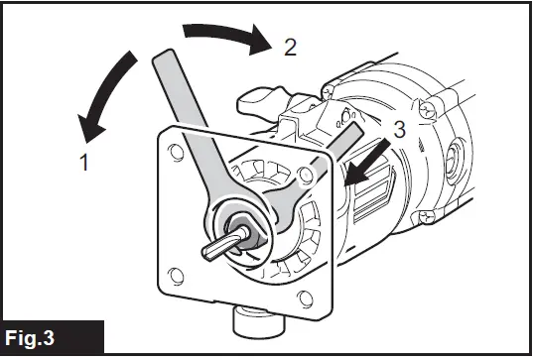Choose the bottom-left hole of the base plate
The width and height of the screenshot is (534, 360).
pyautogui.click(x=176, y=274)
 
